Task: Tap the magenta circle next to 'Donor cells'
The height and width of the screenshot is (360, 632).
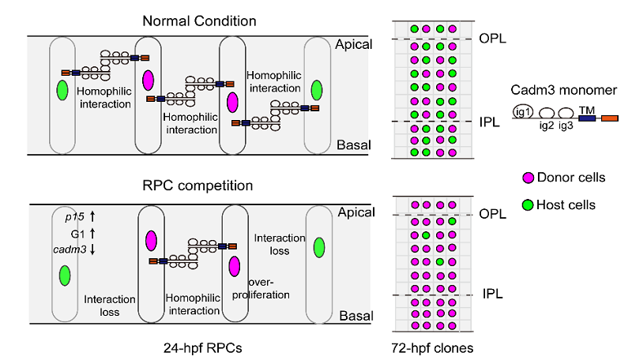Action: click(529, 178)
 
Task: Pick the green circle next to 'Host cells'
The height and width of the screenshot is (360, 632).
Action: click(529, 204)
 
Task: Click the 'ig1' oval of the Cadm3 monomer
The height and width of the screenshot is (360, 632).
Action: click(524, 111)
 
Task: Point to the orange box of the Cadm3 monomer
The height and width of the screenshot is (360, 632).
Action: click(610, 119)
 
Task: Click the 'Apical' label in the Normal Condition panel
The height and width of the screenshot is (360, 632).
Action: click(353, 44)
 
